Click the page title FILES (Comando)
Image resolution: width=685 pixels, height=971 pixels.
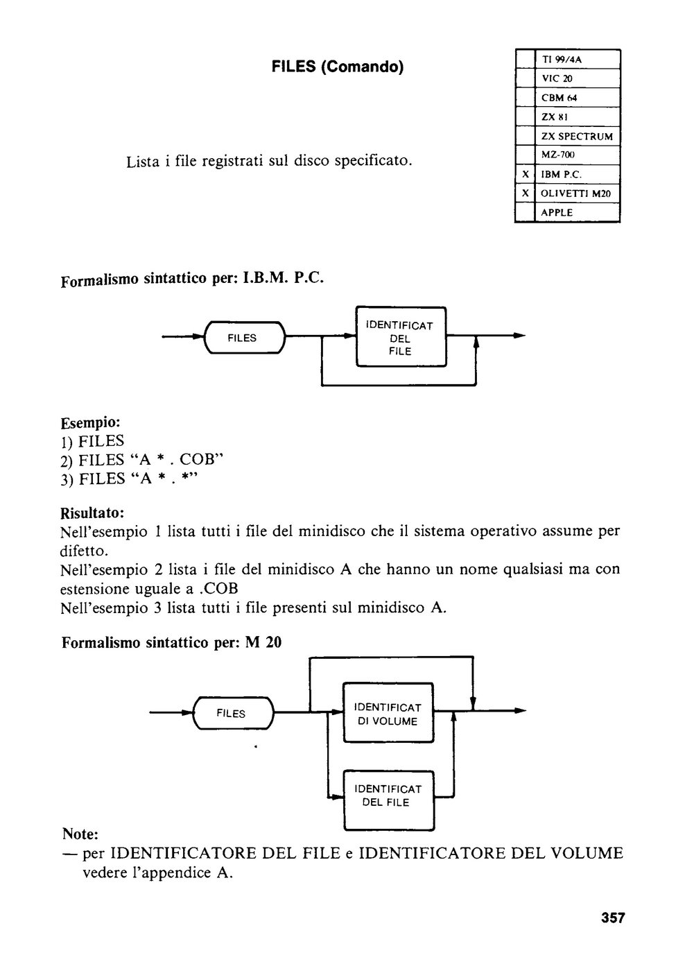[x=338, y=67]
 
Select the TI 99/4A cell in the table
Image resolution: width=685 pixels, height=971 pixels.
[x=561, y=60]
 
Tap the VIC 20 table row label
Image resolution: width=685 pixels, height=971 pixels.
[x=557, y=78]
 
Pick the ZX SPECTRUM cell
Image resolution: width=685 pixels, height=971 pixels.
[x=577, y=137]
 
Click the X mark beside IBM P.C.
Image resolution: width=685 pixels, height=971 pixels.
[x=525, y=174]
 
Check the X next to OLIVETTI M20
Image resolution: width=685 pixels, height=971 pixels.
[x=525, y=194]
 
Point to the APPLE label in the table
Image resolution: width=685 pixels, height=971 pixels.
[x=557, y=212]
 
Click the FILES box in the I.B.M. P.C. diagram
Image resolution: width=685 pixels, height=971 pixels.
[x=245, y=337]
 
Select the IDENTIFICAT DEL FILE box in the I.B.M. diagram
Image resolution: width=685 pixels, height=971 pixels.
[x=401, y=337]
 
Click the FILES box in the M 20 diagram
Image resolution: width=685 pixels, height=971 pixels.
[x=233, y=713]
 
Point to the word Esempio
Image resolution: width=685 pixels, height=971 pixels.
[x=90, y=422]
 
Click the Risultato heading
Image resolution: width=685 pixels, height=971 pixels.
[x=92, y=513]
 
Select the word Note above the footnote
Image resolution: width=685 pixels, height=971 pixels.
[x=80, y=833]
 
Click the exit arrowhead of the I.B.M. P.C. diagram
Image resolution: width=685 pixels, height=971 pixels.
[x=519, y=335]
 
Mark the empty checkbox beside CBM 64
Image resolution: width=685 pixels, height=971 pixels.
[x=525, y=98]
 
